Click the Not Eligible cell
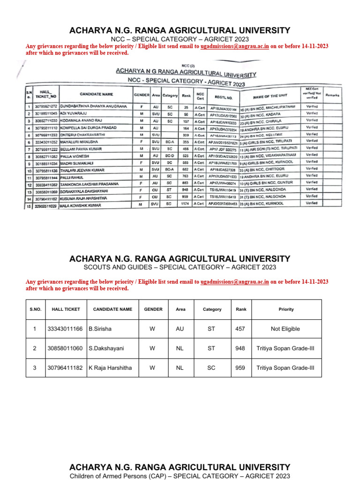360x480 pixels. point(285,329)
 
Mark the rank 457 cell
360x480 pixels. point(240,329)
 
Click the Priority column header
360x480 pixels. point(286,309)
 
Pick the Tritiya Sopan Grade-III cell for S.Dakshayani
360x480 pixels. point(285,349)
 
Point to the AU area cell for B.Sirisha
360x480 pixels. point(180,329)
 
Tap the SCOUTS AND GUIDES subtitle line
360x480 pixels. point(180,267)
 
